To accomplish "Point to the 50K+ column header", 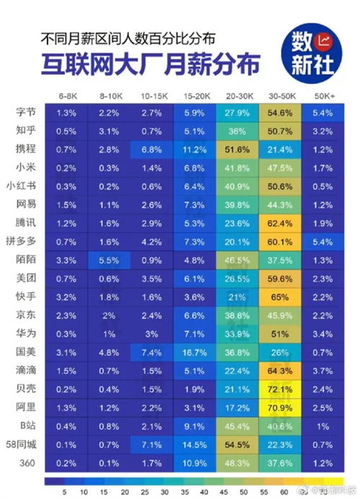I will point(323,96).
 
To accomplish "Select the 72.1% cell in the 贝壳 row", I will point(280,388).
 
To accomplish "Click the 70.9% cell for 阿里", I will point(280,407).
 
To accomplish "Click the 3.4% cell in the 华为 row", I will point(323,334).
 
